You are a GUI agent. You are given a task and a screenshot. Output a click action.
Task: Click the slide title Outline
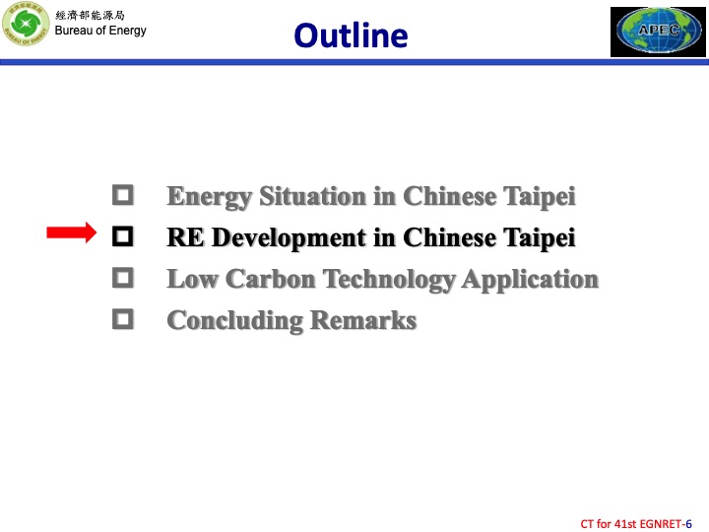pos(351,35)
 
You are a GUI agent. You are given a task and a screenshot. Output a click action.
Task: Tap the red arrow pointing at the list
pos(71,233)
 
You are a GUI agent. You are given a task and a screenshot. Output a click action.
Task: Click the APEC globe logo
pos(659,32)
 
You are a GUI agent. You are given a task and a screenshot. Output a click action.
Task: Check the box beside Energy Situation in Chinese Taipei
pos(123,195)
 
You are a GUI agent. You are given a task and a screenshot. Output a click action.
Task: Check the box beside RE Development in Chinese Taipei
pos(123,236)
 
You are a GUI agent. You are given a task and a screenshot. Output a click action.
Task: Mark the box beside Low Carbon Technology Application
pos(123,278)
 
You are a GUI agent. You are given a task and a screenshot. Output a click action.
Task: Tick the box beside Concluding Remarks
pos(123,319)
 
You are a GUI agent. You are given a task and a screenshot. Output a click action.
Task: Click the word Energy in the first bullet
pos(197,197)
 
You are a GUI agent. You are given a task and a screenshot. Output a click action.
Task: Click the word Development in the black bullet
pos(277,238)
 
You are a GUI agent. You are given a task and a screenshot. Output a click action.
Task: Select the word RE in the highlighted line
pos(184,237)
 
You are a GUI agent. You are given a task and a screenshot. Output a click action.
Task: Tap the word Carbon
pos(265,279)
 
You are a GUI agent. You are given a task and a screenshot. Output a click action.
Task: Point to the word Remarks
pos(363,320)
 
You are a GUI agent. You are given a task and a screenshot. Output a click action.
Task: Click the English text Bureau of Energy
pos(100,31)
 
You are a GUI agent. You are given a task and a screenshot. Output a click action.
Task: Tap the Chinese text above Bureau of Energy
pos(90,15)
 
